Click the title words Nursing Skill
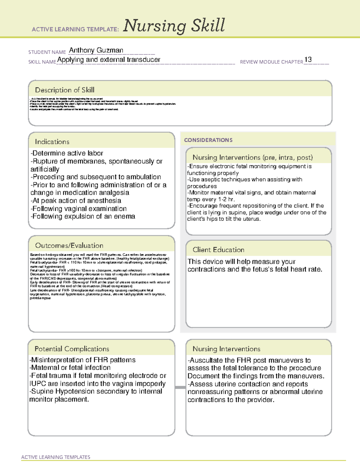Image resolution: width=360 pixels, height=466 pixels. pyautogui.click(x=174, y=26)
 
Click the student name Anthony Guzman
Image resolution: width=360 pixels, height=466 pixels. pyautogui.click(x=96, y=50)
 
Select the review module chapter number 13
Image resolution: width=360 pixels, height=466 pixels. pyautogui.click(x=308, y=59)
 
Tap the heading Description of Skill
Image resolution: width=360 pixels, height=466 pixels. pyautogui.click(x=64, y=90)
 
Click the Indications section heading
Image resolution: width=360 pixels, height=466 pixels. pyautogui.click(x=52, y=142)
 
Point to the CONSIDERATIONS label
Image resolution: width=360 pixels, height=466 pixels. pyautogui.click(x=208, y=140)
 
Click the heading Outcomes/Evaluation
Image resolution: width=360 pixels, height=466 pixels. pyautogui.click(x=69, y=245)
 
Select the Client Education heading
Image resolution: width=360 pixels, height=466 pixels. pyautogui.click(x=218, y=250)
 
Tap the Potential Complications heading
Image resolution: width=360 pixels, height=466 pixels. pyautogui.click(x=72, y=349)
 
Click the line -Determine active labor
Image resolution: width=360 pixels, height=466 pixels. pyautogui.click(x=67, y=153)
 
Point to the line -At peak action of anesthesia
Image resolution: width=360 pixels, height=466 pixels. pyautogui.click(x=76, y=200)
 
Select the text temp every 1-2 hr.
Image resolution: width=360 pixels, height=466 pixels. pyautogui.click(x=211, y=199)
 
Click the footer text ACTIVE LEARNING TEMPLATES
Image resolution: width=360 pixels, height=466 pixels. pyautogui.click(x=56, y=457)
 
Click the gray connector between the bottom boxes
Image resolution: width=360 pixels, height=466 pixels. pyautogui.click(x=180, y=387)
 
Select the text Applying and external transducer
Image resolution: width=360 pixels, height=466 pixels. pyautogui.click(x=109, y=60)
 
